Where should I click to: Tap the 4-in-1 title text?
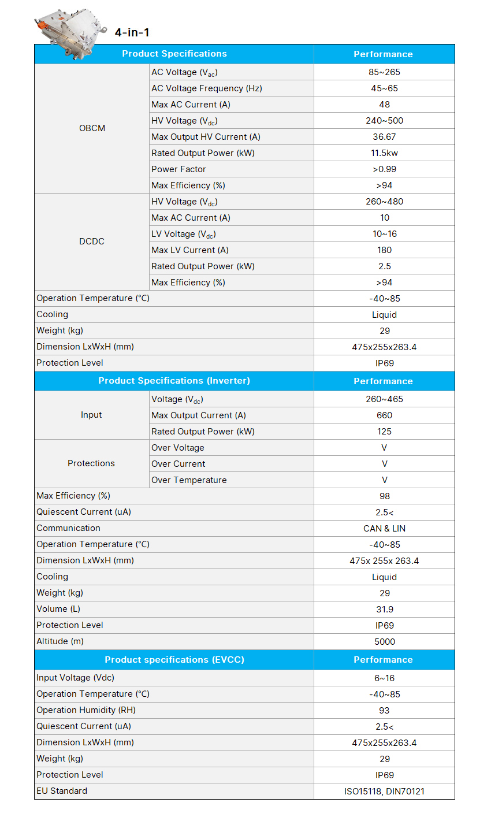(132, 32)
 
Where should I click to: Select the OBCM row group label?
(92, 128)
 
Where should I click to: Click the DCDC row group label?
(92, 242)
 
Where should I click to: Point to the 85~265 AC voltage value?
(384, 72)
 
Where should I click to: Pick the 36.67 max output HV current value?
(384, 137)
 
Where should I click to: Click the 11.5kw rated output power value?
(384, 153)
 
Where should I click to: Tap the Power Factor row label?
(178, 169)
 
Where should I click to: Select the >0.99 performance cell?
(384, 169)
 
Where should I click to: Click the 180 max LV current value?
(384, 250)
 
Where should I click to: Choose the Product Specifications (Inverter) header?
(174, 381)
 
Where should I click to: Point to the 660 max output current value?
(384, 415)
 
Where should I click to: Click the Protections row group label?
(91, 463)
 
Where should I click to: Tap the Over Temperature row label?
(189, 480)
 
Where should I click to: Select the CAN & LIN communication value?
(384, 529)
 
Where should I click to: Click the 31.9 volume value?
(384, 610)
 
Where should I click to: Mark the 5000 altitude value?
(384, 642)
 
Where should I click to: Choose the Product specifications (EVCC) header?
(174, 660)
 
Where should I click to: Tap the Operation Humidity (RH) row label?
(86, 710)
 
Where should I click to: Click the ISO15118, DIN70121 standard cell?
(384, 792)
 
